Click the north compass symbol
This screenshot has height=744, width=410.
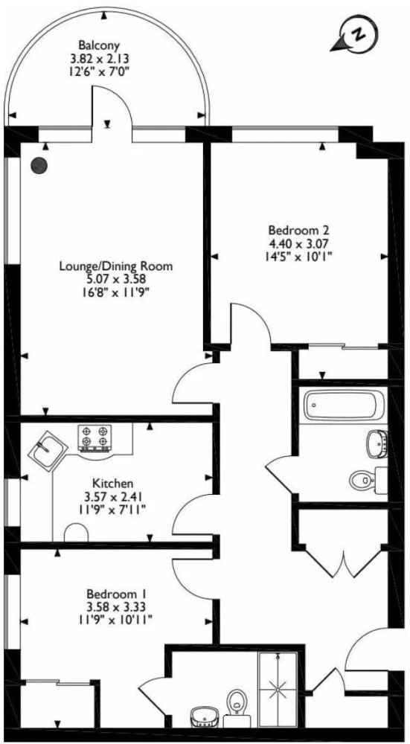pyautogui.click(x=355, y=36)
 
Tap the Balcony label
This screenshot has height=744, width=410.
pyautogui.click(x=99, y=45)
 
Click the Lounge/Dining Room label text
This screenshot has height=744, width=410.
pyautogui.click(x=115, y=266)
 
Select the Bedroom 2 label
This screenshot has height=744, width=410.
pyautogui.click(x=299, y=231)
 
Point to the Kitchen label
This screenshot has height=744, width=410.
pyautogui.click(x=112, y=484)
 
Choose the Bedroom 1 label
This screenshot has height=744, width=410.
pyautogui.click(x=116, y=594)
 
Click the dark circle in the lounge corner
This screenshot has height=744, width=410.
pyautogui.click(x=39, y=165)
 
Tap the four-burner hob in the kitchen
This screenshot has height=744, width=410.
pyautogui.click(x=95, y=437)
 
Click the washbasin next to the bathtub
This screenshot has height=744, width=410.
pyautogui.click(x=377, y=443)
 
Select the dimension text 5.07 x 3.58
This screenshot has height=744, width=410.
pyautogui.click(x=115, y=279)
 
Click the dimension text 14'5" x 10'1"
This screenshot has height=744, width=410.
pyautogui.click(x=299, y=257)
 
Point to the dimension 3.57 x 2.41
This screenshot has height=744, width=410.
pyautogui.click(x=112, y=497)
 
